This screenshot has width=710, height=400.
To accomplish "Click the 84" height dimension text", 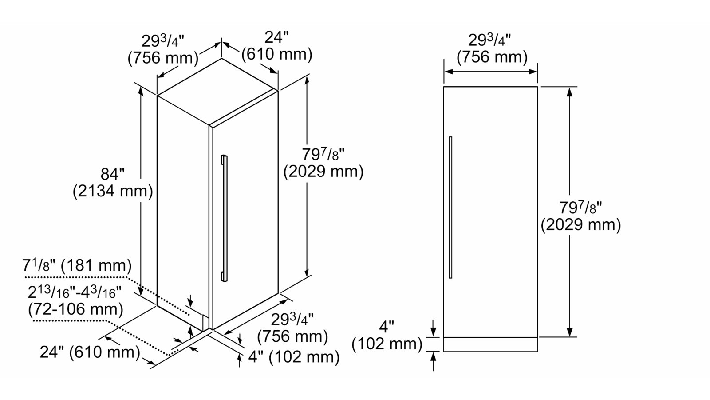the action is [x=113, y=174].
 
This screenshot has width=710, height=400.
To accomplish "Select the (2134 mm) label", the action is [x=113, y=192].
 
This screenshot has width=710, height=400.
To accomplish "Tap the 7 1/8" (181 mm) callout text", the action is [x=77, y=265].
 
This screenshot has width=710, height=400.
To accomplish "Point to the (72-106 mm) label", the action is [x=75, y=309].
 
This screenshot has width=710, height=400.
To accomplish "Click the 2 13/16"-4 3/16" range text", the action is [x=75, y=292].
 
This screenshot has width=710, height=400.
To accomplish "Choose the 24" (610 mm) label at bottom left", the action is [x=90, y=352].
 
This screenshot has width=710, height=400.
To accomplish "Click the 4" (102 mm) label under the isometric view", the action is [x=294, y=357].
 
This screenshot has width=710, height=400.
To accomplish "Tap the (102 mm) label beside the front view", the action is [x=387, y=344].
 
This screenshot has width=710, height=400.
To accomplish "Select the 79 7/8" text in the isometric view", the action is [x=323, y=155].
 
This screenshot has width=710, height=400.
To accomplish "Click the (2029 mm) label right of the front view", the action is [x=581, y=225].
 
